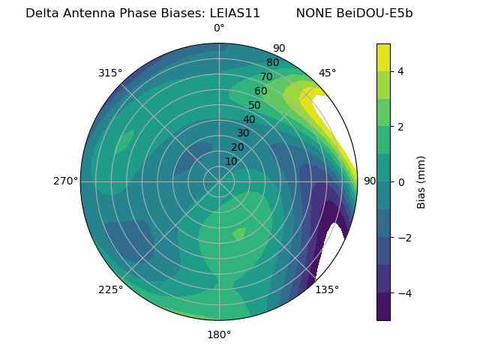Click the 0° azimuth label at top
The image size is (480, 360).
coord(219,28)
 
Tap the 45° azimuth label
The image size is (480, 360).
coord(327,73)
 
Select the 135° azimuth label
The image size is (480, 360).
coord(327,289)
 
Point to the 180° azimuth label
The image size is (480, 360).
coord(219,334)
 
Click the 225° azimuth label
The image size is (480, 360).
coord(110,289)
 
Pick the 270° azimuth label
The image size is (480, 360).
coord(65,181)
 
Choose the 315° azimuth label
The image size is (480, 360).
coord(110,73)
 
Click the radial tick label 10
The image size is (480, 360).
coord(231,161)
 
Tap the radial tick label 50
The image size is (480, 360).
coord(254,106)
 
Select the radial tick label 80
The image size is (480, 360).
coord(272,63)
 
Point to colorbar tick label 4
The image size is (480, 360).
coord(401,71)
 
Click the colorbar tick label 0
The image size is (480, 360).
coord(401,181)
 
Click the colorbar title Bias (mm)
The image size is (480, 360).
coord(421,181)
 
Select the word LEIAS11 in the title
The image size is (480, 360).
coord(232,13)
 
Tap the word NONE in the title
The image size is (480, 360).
coord(314,13)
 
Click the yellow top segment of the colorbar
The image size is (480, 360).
coord(383,57)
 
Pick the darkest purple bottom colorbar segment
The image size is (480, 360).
coord(383,307)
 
